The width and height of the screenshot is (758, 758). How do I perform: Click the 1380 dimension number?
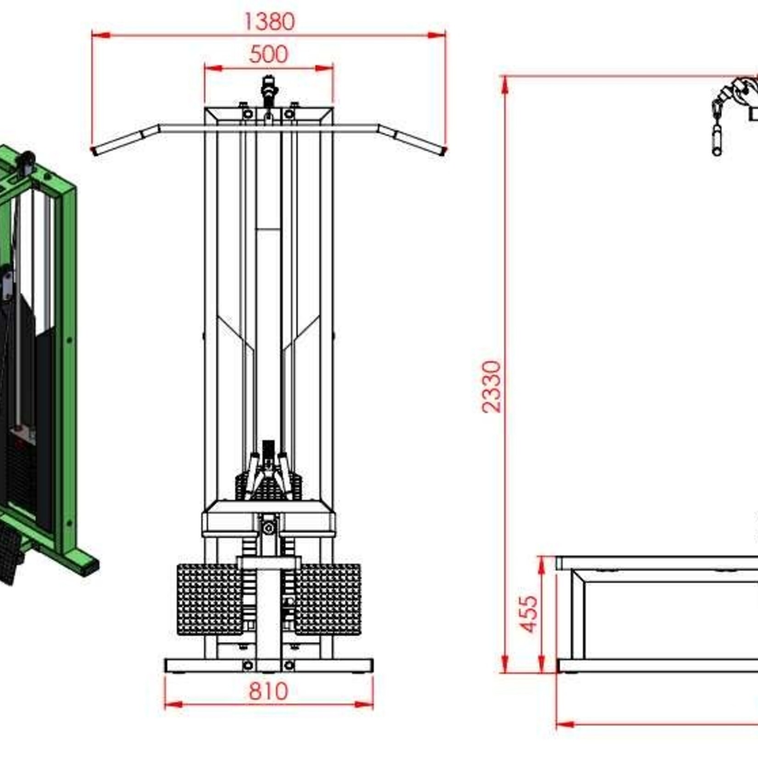[269, 22]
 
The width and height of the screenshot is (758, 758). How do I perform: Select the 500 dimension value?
[269, 55]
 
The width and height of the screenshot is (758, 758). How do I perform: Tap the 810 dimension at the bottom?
[268, 691]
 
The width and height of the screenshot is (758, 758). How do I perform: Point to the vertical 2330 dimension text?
[492, 387]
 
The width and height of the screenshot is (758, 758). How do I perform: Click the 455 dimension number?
[529, 614]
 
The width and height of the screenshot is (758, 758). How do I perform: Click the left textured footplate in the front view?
[209, 599]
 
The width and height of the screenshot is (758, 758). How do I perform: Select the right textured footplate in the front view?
[329, 599]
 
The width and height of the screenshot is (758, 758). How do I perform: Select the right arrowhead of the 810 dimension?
[365, 704]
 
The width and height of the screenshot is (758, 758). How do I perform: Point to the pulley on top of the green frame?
[26, 162]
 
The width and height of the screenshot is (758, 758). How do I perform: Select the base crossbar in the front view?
[269, 665]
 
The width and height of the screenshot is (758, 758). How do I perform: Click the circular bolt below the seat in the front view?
[269, 529]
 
